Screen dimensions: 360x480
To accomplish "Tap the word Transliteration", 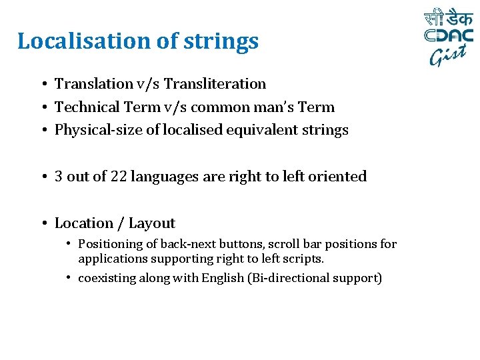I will point(215,83).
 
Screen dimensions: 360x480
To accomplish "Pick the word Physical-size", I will point(98,130).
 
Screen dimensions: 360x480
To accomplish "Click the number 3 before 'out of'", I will point(59,177).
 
